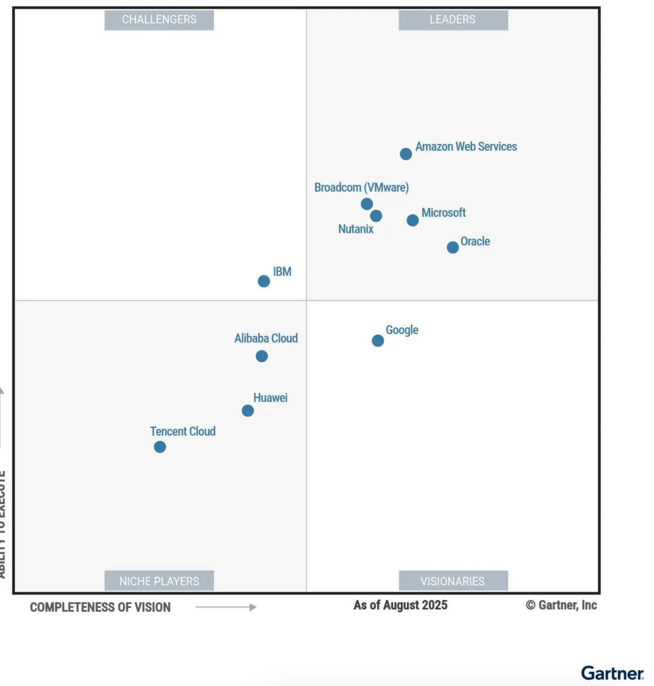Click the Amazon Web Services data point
[x=406, y=154]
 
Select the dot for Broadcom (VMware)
[x=367, y=204]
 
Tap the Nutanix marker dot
[x=376, y=216]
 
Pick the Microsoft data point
[x=413, y=220]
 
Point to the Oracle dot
[x=453, y=247]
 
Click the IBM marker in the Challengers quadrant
[x=264, y=281]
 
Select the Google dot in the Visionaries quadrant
[x=378, y=341]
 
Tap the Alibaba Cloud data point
[x=262, y=356]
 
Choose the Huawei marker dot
[x=248, y=411]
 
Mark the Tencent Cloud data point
[x=160, y=447]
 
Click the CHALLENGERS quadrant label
[x=159, y=20]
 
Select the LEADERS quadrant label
[x=453, y=20]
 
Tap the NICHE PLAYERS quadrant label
[x=159, y=581]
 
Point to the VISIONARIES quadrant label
[x=453, y=581]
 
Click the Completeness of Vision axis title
[x=100, y=607]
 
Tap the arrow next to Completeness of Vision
[x=226, y=607]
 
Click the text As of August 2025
[x=400, y=605]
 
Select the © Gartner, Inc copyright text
[x=561, y=605]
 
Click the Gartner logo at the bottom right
[x=612, y=673]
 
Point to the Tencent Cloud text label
[x=183, y=431]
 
